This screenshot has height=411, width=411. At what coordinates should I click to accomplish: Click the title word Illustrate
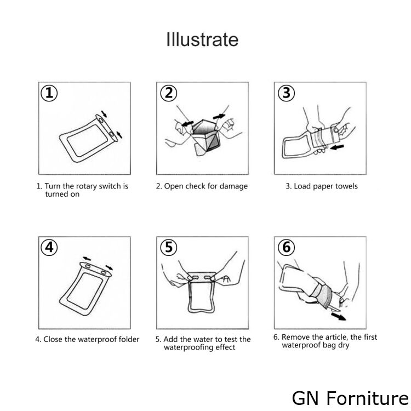pos(202,39)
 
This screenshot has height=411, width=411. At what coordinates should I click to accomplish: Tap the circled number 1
pos(49,93)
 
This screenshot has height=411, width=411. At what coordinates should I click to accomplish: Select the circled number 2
pos(169,93)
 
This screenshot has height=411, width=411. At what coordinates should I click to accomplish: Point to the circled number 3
pos(286,93)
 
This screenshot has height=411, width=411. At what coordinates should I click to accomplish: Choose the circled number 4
pos(49,248)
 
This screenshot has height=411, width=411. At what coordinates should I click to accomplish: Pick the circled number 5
pos(169,248)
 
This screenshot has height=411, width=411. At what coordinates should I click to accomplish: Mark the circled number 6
pos(286,248)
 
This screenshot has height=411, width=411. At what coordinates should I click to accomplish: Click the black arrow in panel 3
pos(337,147)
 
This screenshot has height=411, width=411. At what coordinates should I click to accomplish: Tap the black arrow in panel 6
pos(339,316)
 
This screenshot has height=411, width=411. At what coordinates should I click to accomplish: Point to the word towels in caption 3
pos(345,186)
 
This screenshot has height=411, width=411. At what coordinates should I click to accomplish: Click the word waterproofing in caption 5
pos(187,347)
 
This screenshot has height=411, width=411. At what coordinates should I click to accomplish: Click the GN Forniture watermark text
pos(351,398)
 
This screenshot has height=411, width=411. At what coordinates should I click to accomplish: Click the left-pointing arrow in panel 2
pos(187,123)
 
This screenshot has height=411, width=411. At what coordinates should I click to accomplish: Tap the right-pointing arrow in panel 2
pos(219,117)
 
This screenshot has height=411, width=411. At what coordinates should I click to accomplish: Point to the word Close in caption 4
pos(53,339)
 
